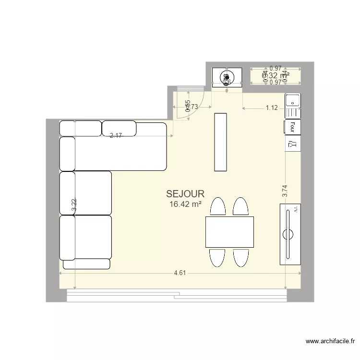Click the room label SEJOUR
click(x=185, y=194)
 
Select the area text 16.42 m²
click(x=185, y=204)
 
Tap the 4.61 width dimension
click(x=180, y=273)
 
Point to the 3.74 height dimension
click(x=285, y=192)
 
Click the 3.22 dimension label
click(x=74, y=206)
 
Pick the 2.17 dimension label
click(x=116, y=136)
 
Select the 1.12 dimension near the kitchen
click(x=272, y=108)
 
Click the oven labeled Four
click(x=292, y=127)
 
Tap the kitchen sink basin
click(x=292, y=101)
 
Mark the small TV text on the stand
click(x=296, y=210)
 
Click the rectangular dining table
click(x=229, y=232)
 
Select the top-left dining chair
click(x=218, y=207)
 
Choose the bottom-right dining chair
click(x=240, y=257)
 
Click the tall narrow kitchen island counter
click(x=220, y=142)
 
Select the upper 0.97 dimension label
click(x=275, y=69)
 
